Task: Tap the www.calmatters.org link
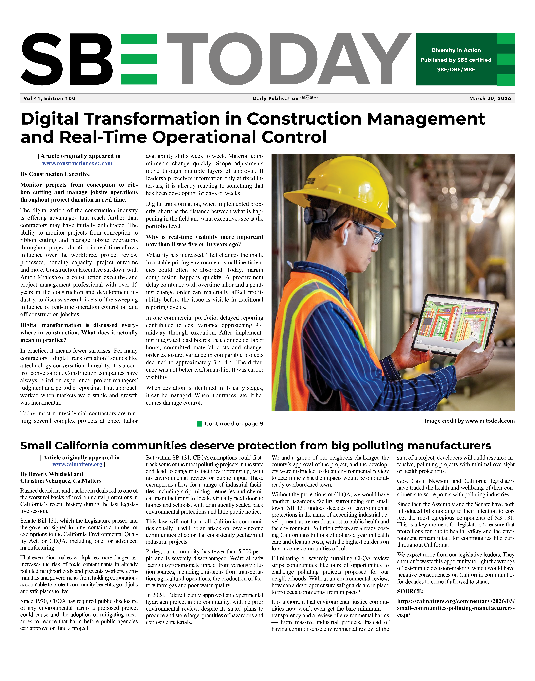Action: (77, 464)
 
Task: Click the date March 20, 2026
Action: (490, 98)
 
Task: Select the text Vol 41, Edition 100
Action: (50, 98)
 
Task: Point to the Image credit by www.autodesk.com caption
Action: (470, 421)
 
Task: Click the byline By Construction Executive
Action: (55, 174)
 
